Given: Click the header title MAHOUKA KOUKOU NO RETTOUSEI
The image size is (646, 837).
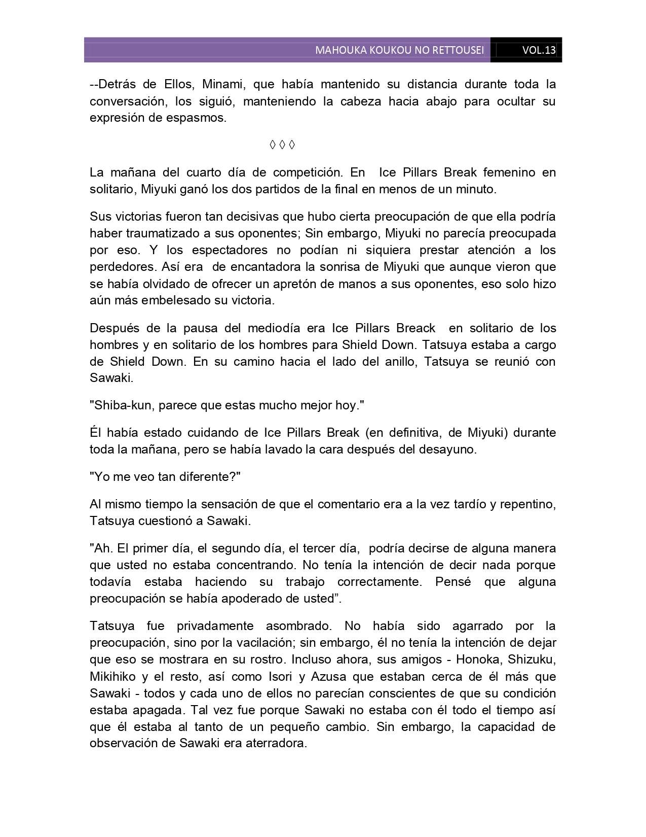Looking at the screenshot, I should (399, 50).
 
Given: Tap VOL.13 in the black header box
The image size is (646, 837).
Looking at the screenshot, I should (539, 50).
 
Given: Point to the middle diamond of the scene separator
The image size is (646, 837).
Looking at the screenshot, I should (282, 145).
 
